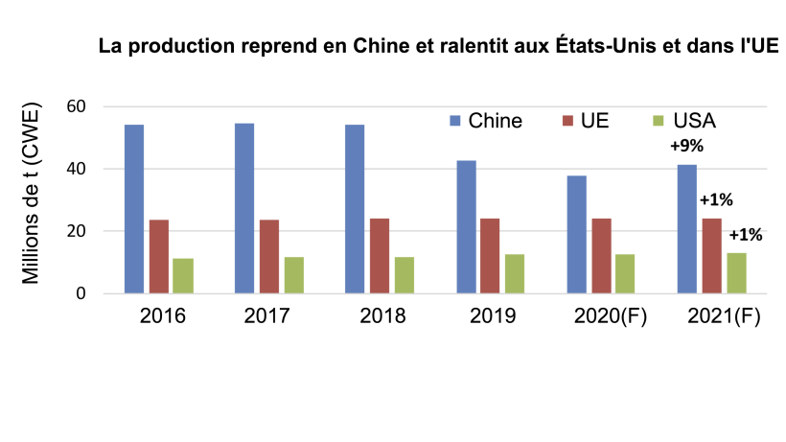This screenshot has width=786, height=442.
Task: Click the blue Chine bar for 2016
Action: click(133, 209)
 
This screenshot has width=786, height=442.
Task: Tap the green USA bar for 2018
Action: click(404, 275)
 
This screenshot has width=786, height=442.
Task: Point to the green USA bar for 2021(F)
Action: click(736, 273)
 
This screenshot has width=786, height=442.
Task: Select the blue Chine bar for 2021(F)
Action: click(687, 229)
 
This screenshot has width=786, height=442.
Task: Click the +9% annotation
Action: click(686, 148)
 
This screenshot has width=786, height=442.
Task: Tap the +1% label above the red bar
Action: click(715, 200)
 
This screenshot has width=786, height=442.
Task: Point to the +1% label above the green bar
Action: click(746, 235)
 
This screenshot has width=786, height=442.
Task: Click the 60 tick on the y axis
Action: click(77, 106)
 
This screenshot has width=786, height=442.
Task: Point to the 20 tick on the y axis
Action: click(77, 231)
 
